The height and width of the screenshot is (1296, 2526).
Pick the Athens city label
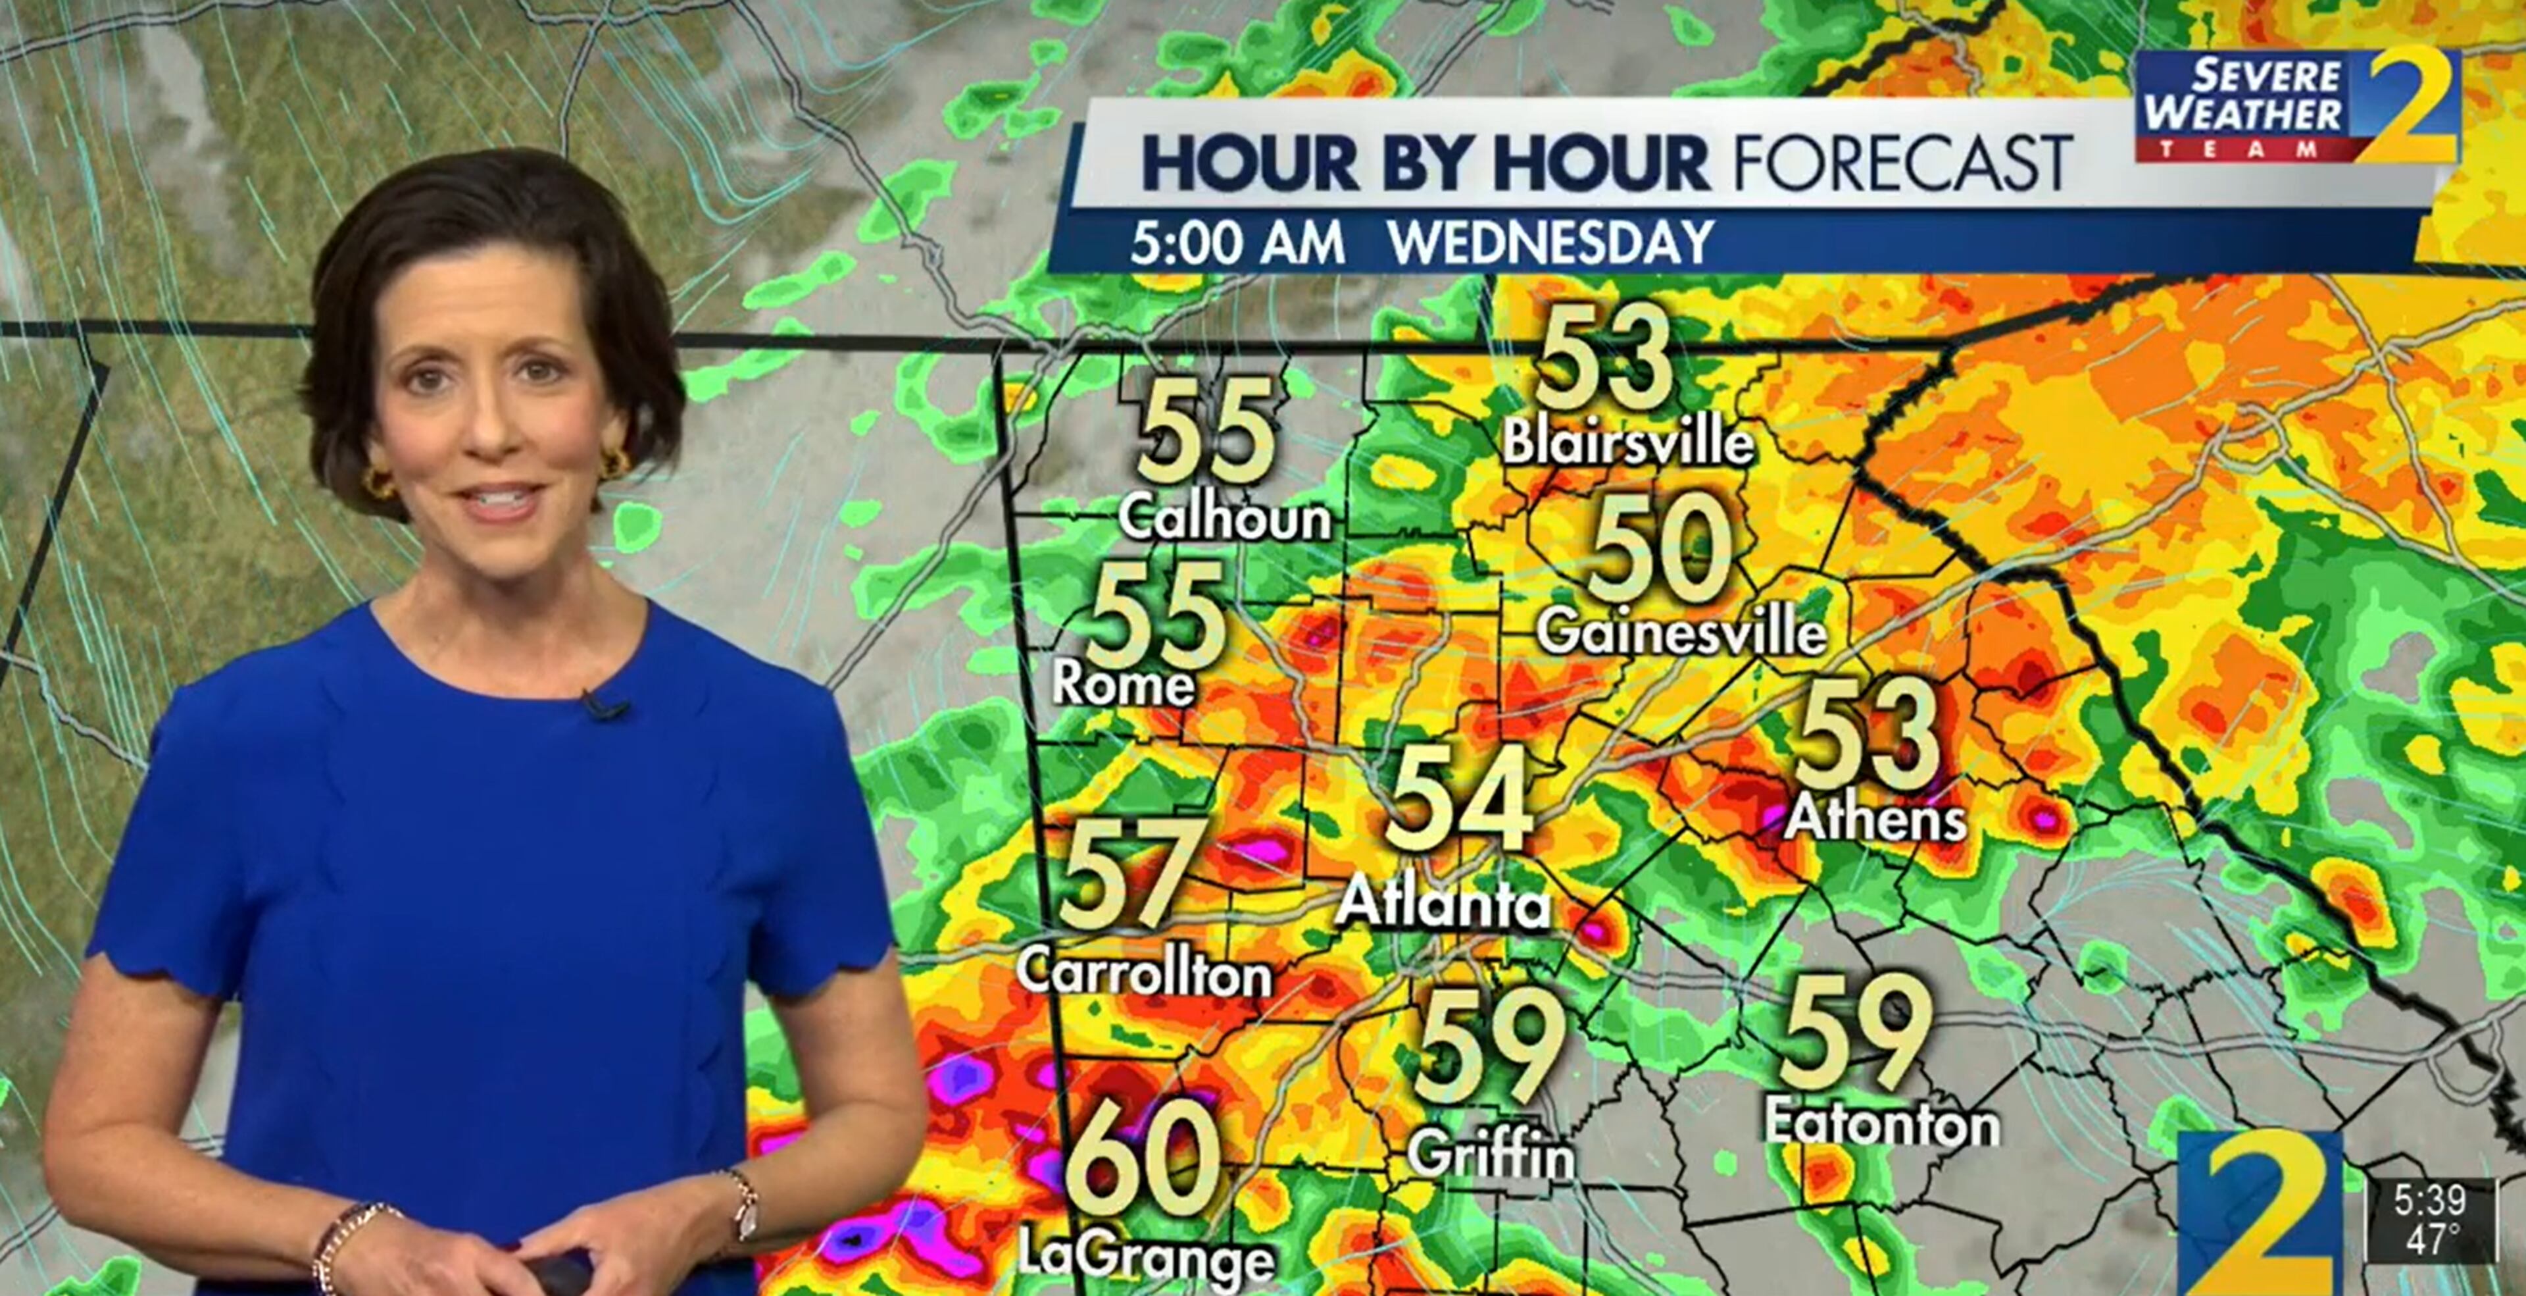tap(1875, 817)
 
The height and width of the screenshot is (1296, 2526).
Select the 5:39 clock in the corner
tap(2429, 1199)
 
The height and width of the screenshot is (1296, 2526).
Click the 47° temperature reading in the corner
tap(2431, 1238)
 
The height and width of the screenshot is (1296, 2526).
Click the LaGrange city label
tap(1145, 1255)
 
